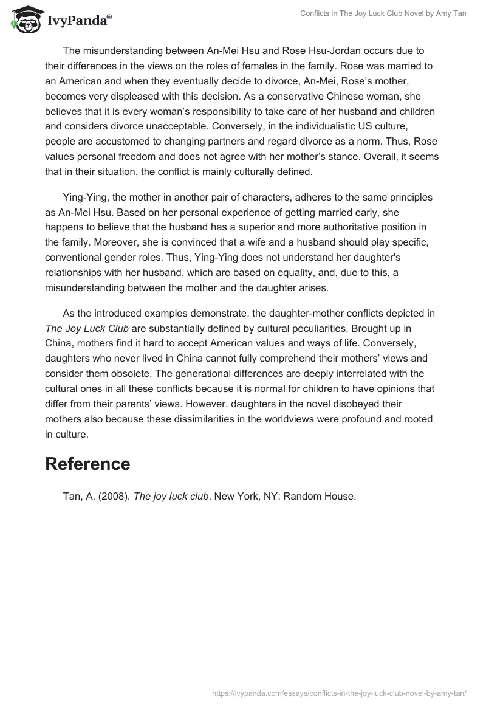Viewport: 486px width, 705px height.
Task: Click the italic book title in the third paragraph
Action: point(87,328)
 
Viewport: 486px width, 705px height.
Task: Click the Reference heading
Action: point(87,464)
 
